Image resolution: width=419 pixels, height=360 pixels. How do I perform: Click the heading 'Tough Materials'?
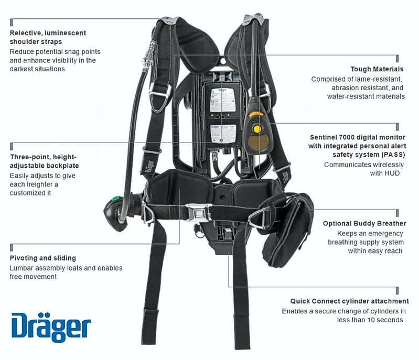point(377,69)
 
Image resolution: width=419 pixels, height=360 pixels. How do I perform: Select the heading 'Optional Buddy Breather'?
point(364,223)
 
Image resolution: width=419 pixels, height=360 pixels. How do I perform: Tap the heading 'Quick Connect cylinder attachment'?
point(349,301)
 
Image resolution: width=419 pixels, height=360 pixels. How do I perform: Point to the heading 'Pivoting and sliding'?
point(43,258)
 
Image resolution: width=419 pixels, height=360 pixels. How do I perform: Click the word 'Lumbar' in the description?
point(22,268)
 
